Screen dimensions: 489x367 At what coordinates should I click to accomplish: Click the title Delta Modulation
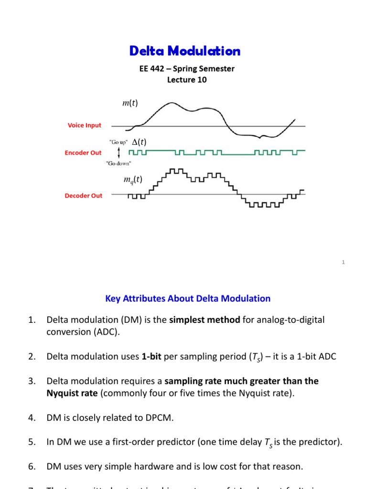[x=185, y=51]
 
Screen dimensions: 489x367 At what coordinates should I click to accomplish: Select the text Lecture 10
[x=187, y=80]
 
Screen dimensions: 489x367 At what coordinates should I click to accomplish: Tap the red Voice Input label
[x=85, y=126]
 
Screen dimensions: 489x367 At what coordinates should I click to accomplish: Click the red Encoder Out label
[x=83, y=153]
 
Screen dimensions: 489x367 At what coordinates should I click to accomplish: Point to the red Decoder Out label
[x=84, y=196]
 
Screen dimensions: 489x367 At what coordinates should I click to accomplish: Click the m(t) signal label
[x=130, y=104]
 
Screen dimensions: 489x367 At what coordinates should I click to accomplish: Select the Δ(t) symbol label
[x=139, y=142]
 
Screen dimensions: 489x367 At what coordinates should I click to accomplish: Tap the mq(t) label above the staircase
[x=133, y=180]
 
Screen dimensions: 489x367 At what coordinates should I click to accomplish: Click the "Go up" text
[x=118, y=142]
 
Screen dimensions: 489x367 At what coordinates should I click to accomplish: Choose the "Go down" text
[x=119, y=163]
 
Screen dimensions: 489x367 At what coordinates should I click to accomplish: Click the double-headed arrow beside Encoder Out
[x=119, y=152]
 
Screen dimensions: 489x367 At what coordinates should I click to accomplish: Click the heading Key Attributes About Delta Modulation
[x=188, y=298]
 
